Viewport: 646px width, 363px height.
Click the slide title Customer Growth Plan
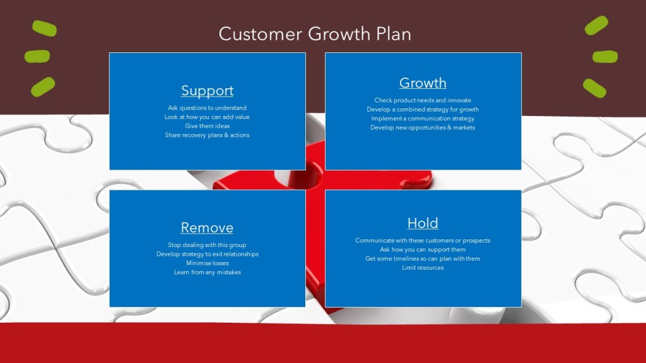(x=315, y=34)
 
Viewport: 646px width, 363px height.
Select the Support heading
(x=207, y=91)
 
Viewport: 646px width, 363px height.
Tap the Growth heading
(x=423, y=83)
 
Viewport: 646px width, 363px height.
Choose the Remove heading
(x=207, y=228)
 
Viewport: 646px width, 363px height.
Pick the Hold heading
(x=423, y=223)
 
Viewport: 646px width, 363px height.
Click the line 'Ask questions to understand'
(x=207, y=108)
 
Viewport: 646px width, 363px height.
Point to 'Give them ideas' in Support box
(x=207, y=126)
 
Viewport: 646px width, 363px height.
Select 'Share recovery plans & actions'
(x=207, y=135)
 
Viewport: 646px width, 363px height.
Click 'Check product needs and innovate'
(x=423, y=100)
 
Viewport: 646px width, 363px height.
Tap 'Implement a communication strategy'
(x=423, y=118)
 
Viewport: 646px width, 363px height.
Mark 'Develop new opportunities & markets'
(x=423, y=127)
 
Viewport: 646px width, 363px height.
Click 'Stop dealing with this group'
(x=207, y=245)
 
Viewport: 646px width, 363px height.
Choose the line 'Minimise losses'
(x=207, y=263)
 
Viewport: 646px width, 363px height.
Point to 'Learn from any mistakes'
(x=207, y=272)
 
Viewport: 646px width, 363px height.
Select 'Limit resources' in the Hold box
(x=423, y=267)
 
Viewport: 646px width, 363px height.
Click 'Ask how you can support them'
(x=423, y=250)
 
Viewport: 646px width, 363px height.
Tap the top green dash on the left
(x=45, y=28)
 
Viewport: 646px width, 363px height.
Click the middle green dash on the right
(x=605, y=56)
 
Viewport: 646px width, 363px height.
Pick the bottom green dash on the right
(x=594, y=88)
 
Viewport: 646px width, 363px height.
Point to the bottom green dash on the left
(x=43, y=87)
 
